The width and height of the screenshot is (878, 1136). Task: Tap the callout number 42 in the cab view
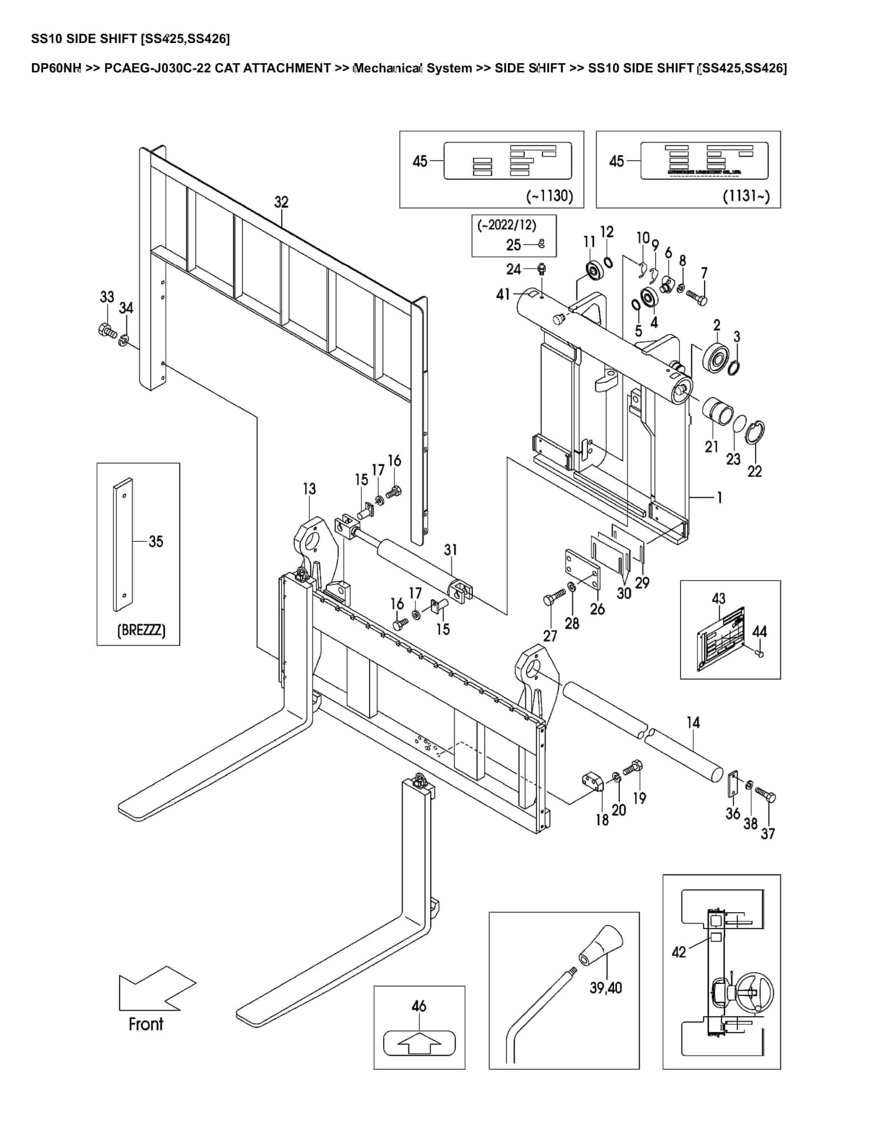[679, 952]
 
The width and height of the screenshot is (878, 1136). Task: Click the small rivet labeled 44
[759, 654]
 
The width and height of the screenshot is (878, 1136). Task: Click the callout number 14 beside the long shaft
[693, 723]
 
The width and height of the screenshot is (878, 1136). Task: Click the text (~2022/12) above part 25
[507, 225]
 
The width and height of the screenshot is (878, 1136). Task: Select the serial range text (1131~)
[746, 196]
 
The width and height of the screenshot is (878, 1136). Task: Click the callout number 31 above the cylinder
[450, 549]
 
